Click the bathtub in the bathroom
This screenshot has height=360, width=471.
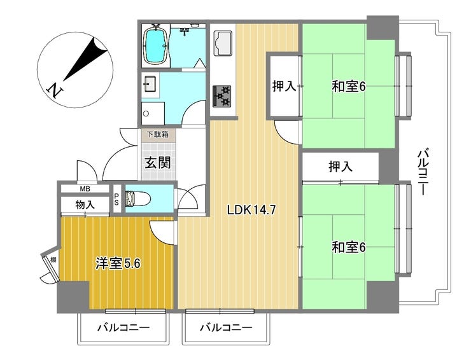pyautogui.click(x=155, y=45)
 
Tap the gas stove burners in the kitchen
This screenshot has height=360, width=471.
pyautogui.click(x=222, y=95)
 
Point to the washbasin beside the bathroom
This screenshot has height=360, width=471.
pyautogui.click(x=151, y=83)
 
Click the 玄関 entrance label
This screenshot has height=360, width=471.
pyautogui.click(x=157, y=162)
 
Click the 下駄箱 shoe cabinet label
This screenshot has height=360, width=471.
pyautogui.click(x=157, y=134)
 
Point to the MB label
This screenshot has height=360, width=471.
pyautogui.click(x=85, y=188)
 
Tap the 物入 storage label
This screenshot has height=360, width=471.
pyautogui.click(x=85, y=204)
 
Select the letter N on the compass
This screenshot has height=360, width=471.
pyautogui.click(x=57, y=90)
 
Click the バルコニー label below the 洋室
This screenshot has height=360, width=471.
pyautogui.click(x=123, y=328)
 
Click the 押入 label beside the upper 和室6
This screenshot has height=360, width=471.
pyautogui.click(x=284, y=87)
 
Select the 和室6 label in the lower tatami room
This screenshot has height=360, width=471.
pyautogui.click(x=348, y=247)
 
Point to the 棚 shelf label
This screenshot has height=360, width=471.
pyautogui.click(x=53, y=260)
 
